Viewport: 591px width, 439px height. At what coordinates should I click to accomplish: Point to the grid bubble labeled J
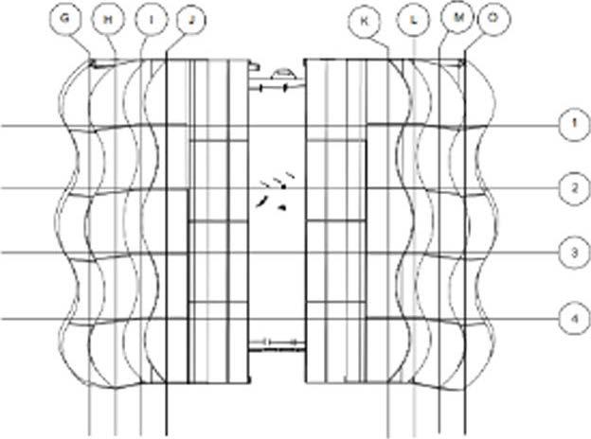click(x=190, y=19)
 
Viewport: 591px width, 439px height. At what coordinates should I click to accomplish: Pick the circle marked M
click(x=457, y=19)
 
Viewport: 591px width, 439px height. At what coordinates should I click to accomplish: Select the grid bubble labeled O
click(x=491, y=19)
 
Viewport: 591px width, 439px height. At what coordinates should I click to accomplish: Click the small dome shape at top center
click(x=282, y=73)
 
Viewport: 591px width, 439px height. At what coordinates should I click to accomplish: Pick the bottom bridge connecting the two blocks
click(x=276, y=342)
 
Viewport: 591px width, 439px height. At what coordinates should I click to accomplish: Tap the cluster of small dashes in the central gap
click(x=278, y=191)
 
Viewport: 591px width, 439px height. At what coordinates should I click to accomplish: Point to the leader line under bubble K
click(x=379, y=42)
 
